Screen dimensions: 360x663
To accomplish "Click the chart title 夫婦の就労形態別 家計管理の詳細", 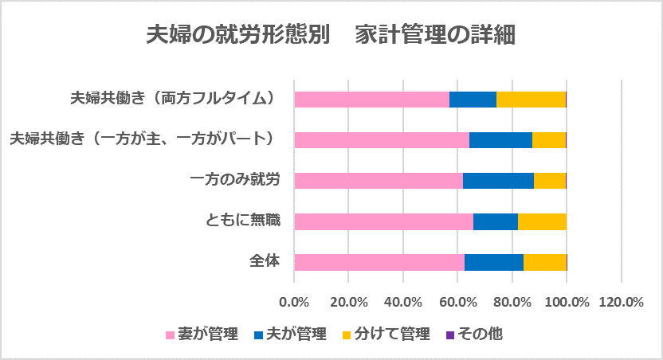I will click(331, 36).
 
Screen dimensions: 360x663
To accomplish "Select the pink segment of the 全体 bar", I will click(379, 263).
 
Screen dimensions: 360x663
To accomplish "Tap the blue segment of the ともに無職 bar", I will click(495, 222).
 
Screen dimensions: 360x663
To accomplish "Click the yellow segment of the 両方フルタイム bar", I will click(530, 100).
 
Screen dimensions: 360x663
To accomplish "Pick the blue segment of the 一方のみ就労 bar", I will click(498, 181).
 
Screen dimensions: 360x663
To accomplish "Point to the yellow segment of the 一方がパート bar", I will click(548, 140).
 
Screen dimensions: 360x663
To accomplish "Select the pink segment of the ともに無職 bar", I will click(383, 222).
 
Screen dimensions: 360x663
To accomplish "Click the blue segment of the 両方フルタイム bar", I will click(473, 100).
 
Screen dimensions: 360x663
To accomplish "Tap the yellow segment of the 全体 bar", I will click(544, 263).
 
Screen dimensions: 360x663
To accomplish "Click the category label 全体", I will click(265, 260).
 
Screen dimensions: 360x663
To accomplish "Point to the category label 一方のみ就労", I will click(235, 179).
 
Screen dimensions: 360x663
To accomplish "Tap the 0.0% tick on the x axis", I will click(294, 303).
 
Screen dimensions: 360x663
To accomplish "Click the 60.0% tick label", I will click(457, 303).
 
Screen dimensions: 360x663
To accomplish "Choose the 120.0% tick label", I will click(621, 303).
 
